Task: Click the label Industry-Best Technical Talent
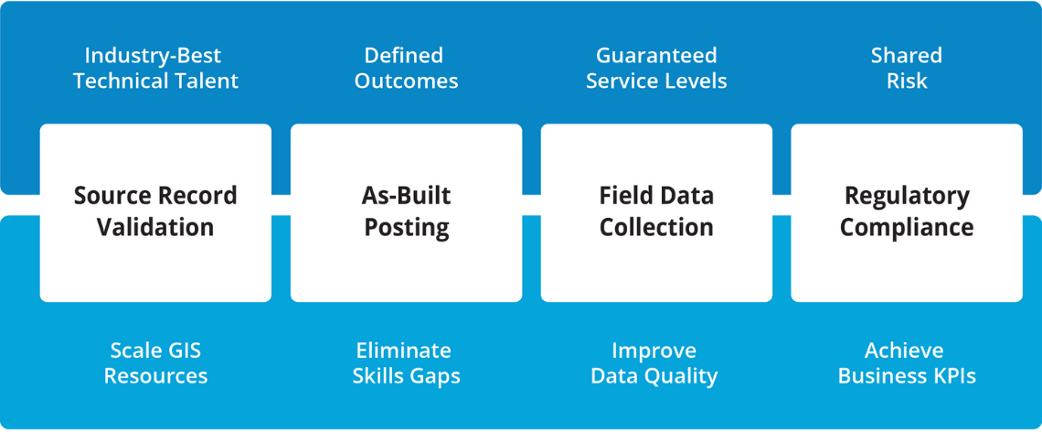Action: tap(155, 68)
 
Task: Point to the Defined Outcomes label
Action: tap(406, 68)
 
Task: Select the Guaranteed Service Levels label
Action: tap(656, 68)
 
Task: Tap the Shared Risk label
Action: tap(906, 68)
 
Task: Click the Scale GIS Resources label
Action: tap(155, 362)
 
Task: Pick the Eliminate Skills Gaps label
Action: tap(406, 362)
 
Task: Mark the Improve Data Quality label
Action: tap(654, 362)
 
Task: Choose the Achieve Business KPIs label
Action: tap(906, 362)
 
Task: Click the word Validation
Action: tap(155, 227)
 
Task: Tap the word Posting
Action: tap(406, 228)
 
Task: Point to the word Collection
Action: tap(656, 227)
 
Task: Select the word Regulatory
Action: tap(906, 197)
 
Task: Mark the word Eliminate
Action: tap(403, 350)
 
